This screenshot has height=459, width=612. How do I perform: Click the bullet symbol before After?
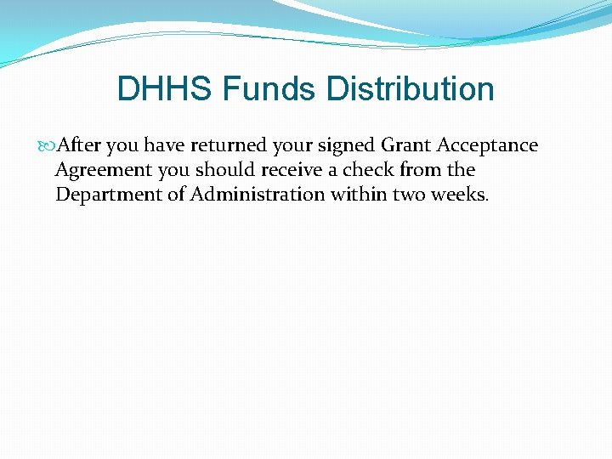48,146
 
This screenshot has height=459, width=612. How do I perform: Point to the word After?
78,145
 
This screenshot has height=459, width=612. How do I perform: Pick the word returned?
235,145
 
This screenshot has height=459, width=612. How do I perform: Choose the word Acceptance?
488,145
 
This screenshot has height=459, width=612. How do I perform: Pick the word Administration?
258,195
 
